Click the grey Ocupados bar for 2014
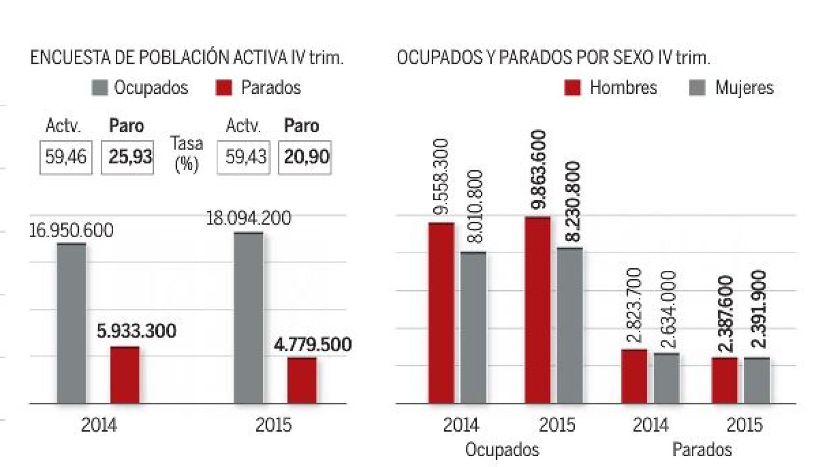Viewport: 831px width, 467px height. tap(72, 323)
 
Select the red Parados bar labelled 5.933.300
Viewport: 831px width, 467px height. tap(125, 375)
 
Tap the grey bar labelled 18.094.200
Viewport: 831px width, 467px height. tap(248, 318)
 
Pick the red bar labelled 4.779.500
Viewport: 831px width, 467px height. tap(302, 380)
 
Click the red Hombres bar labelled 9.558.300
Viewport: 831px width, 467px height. tap(441, 313)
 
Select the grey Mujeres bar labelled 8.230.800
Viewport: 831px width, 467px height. tap(570, 325)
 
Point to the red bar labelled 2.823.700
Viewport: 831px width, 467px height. tap(635, 376)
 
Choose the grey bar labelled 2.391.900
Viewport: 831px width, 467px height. tap(756, 380)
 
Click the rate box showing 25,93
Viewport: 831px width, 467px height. tap(127, 157)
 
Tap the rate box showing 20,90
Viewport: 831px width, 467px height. tap(305, 157)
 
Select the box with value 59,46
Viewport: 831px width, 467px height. tap(66, 157)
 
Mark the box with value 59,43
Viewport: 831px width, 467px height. tap(244, 157)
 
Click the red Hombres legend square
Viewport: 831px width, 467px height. tap(572, 88)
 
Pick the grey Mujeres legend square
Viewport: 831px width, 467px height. tap(697, 88)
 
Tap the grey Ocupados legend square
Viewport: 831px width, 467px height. tap(99, 88)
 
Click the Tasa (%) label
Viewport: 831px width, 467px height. tap(186, 154)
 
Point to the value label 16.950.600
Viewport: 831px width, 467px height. tap(71, 230)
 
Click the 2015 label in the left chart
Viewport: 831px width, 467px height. tap(273, 425)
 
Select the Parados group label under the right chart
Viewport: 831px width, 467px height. tap(702, 449)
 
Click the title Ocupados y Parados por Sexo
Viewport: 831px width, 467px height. tap(553, 58)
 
